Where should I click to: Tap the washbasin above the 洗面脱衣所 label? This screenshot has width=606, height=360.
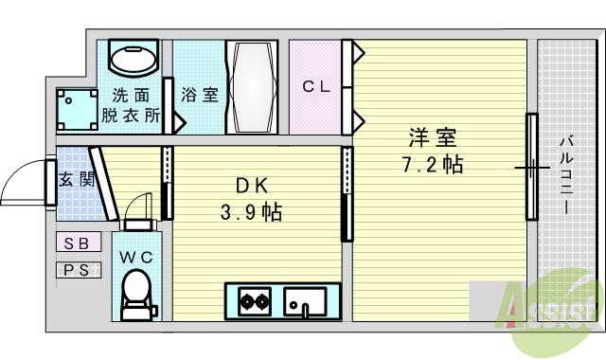coord(133,60)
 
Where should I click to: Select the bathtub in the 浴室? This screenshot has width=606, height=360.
coord(252,87)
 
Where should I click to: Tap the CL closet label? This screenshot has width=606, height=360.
coord(315,86)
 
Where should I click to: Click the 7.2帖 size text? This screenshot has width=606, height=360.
coord(432,164)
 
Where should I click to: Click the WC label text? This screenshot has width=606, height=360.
coord(136,255)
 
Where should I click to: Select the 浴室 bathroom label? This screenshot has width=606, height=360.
coord(200,96)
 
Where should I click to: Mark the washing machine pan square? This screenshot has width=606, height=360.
coord(75,110)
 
